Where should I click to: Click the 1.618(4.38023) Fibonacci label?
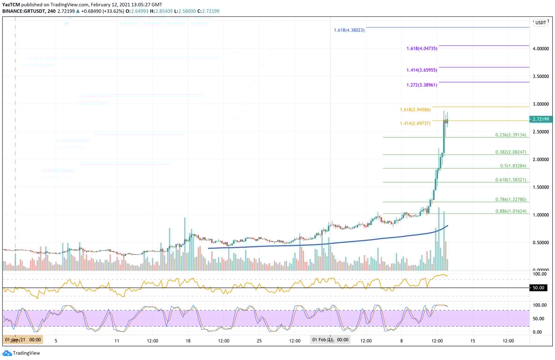point(349,30)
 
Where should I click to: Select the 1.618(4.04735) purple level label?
point(422,48)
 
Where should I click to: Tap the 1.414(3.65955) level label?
point(422,70)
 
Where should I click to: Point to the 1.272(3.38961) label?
point(422,85)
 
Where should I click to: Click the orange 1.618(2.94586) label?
point(415,110)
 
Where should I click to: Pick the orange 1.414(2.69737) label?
point(415,123)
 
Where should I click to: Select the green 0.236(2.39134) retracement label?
point(511,135)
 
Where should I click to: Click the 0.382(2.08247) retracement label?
point(511,152)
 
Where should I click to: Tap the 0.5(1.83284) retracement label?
point(513,166)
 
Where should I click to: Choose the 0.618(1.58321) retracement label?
point(511,180)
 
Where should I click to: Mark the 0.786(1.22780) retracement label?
point(511,199)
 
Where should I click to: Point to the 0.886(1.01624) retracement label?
point(511,211)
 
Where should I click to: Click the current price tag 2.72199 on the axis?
point(540,119)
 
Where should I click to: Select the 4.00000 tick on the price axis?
point(541,49)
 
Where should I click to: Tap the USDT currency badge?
point(541,22)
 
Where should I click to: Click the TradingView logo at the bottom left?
point(22,353)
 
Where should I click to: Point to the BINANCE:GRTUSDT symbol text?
point(24,11)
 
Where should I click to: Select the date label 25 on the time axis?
point(259,341)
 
